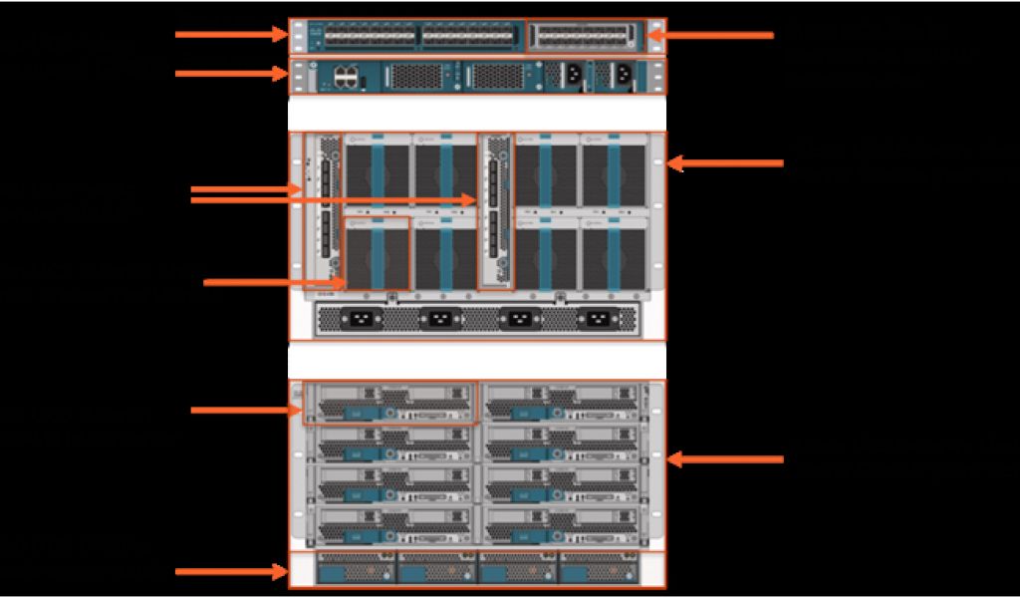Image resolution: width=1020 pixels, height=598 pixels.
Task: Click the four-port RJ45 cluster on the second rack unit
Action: pyautogui.click(x=347, y=76)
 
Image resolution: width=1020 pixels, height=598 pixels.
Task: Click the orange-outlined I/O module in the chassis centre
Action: pyautogui.click(x=495, y=211)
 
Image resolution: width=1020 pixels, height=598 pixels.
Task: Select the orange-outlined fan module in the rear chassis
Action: pyautogui.click(x=377, y=254)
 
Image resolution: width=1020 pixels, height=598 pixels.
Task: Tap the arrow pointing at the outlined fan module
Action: pyautogui.click(x=274, y=282)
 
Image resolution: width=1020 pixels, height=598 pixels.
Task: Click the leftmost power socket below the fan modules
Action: pyautogui.click(x=358, y=320)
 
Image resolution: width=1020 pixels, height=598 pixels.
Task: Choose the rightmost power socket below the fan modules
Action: pyautogui.click(x=597, y=320)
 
